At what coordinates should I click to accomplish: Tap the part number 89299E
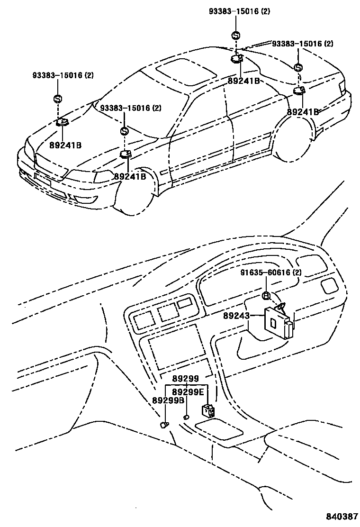point(188,392)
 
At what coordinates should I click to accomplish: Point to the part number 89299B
point(168,400)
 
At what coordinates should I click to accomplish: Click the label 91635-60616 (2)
point(270,273)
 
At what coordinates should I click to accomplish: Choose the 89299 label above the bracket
point(186,379)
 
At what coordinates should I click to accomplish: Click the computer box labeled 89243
point(277,323)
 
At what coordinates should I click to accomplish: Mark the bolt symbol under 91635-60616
point(266,296)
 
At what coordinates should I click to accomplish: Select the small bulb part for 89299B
point(164,424)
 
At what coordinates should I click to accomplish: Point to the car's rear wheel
point(294,140)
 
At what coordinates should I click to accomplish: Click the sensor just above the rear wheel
point(298,91)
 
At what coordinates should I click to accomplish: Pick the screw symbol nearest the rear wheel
point(297,67)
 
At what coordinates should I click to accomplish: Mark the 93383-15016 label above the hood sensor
point(63,75)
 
